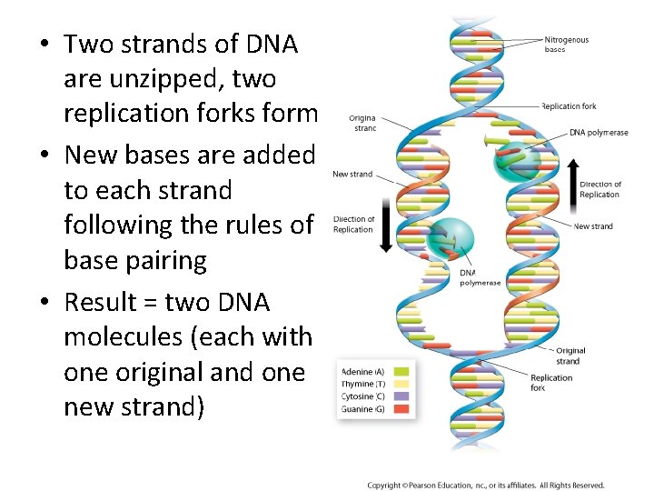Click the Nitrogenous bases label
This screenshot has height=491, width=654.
(x=566, y=45)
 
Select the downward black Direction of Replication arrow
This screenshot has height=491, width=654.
(x=386, y=225)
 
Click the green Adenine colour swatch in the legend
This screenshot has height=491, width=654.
(x=401, y=371)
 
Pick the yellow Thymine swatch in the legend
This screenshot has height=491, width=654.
(x=401, y=384)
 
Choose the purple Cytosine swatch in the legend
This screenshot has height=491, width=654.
(x=401, y=396)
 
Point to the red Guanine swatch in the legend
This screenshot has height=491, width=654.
(x=401, y=409)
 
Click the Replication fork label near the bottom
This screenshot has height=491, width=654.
(x=551, y=383)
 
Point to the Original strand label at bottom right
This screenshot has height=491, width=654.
(x=570, y=356)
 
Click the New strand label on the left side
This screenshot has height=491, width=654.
(x=352, y=174)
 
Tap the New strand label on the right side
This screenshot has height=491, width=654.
(x=593, y=226)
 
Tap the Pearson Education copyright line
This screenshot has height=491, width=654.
(x=485, y=485)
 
